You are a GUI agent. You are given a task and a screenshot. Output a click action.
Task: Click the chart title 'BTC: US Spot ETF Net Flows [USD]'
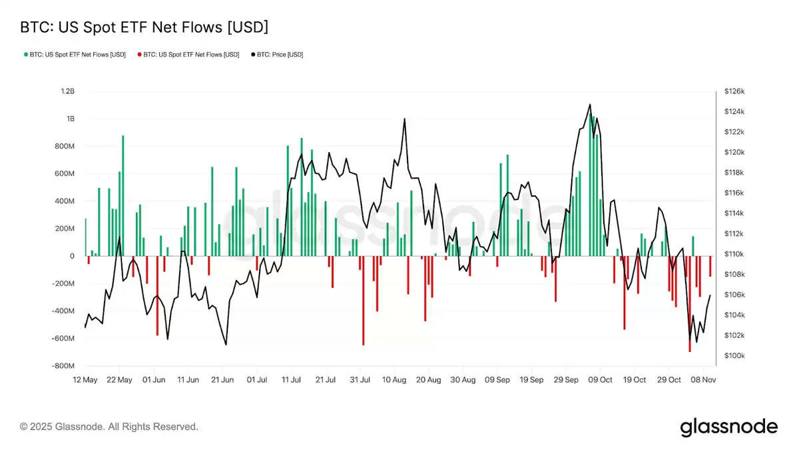click(x=144, y=27)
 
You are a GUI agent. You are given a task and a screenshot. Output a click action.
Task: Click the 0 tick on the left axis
click(x=72, y=256)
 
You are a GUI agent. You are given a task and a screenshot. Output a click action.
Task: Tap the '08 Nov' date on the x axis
click(x=703, y=380)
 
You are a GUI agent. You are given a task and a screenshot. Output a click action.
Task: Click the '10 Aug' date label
click(x=394, y=380)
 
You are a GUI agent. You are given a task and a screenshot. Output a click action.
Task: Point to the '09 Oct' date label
click(x=600, y=380)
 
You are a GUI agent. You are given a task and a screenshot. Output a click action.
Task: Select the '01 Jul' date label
click(x=257, y=380)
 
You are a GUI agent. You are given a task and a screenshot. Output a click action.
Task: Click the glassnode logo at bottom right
click(x=728, y=427)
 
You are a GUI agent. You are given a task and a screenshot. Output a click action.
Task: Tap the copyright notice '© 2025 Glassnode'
click(x=109, y=427)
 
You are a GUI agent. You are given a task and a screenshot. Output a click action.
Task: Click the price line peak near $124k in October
click(x=589, y=105)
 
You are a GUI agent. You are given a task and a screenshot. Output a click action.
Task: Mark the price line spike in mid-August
click(x=404, y=119)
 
